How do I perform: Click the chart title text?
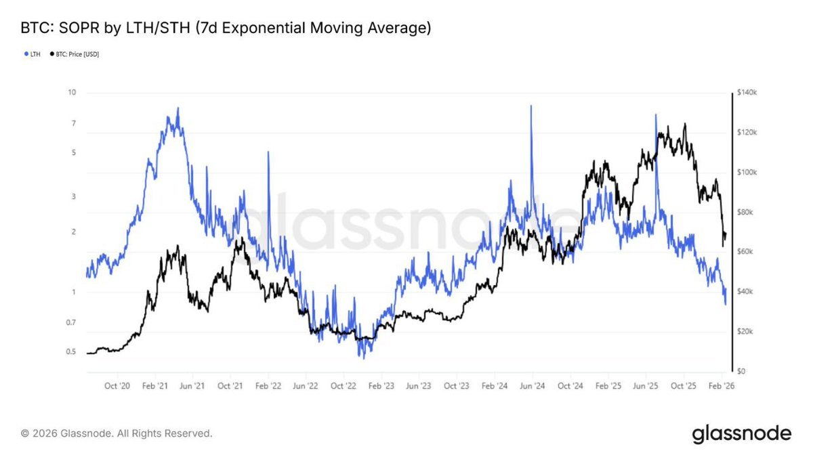(226, 28)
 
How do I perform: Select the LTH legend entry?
(33, 54)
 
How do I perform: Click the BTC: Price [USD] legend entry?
(76, 54)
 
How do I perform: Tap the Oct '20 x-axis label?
(117, 386)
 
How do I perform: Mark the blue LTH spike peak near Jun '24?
(531, 106)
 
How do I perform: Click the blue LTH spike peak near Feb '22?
(269, 152)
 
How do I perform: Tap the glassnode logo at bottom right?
(741, 433)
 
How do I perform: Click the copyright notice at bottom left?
(117, 433)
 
